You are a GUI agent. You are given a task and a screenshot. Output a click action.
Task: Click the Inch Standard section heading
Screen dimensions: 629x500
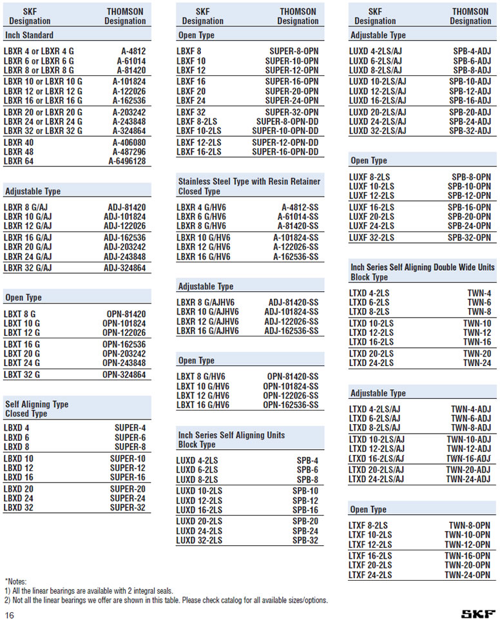pos(29,35)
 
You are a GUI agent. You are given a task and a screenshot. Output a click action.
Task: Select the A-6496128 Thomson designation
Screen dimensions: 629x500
pos(127,161)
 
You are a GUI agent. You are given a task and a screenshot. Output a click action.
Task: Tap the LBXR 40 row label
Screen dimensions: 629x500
pos(19,142)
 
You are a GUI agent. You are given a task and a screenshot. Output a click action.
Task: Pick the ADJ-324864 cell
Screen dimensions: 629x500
pos(125,267)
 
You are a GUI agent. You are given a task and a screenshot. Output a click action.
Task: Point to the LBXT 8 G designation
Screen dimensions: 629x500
pos(22,314)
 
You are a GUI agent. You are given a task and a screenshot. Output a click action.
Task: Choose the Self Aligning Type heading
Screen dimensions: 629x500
pos(37,404)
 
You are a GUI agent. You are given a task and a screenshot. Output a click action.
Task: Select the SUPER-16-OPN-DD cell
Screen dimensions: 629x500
pos(285,152)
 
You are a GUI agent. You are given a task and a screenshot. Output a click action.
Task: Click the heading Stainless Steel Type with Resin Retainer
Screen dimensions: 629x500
pos(249,182)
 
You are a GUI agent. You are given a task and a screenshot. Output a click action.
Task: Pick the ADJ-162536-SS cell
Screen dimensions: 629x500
pos(292,331)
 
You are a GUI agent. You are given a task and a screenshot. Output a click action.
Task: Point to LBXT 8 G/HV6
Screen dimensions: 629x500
pos(202,376)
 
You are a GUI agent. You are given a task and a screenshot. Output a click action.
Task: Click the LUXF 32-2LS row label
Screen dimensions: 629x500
pos(371,238)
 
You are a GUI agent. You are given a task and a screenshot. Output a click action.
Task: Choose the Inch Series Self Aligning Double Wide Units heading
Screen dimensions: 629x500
pos(423,267)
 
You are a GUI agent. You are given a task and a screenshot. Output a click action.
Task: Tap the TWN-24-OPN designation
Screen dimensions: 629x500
pos(467,575)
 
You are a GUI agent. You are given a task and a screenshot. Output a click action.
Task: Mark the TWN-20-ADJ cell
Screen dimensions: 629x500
pos(468,470)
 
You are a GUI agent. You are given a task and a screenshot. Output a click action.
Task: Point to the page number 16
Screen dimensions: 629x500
pos(10,615)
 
